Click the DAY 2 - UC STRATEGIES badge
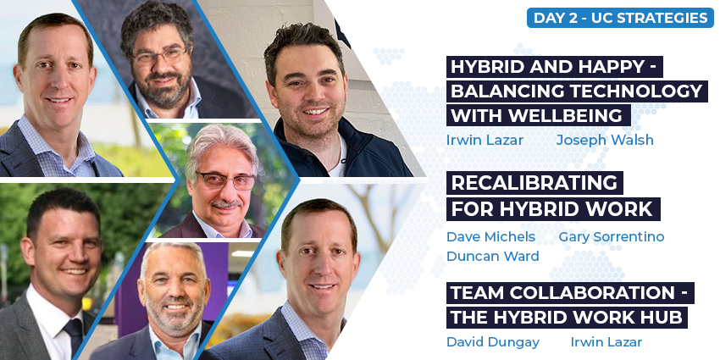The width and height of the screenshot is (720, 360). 620,18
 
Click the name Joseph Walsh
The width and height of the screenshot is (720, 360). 605,140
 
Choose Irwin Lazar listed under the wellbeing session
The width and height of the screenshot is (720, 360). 485,140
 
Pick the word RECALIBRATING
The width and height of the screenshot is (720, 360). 534,183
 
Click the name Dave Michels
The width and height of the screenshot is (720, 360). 490,236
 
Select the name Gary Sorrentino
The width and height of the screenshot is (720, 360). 612,236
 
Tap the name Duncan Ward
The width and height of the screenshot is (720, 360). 493,256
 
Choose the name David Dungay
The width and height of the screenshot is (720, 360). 493,341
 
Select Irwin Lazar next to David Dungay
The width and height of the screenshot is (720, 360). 606,341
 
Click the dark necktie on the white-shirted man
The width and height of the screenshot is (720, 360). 74,337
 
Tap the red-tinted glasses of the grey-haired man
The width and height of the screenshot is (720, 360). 224,180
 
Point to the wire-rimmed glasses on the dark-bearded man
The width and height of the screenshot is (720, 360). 159,56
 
